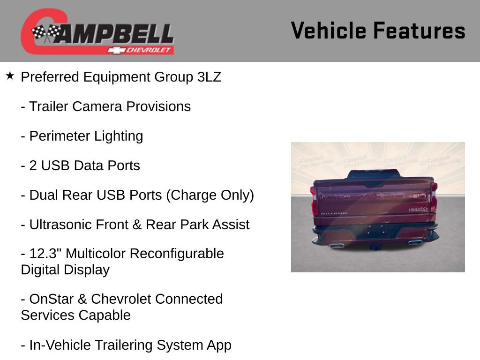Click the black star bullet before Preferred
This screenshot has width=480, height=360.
point(10,75)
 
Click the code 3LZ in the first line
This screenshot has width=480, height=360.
point(209,77)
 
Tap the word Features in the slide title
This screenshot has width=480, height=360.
point(419,31)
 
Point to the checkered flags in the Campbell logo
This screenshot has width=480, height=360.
point(46,32)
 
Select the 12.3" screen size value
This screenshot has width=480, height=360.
point(45,254)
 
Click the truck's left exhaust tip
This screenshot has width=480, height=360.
point(336,245)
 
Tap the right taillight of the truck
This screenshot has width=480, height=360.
point(434,199)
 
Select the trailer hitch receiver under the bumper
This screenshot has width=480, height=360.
point(375,247)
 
